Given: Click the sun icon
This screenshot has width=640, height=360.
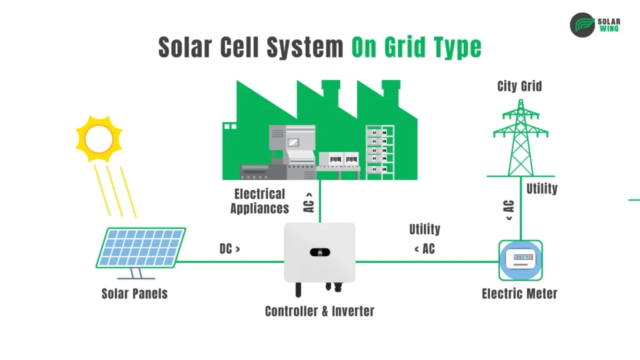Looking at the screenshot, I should (99, 139).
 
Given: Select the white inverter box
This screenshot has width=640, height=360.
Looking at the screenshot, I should (319, 252).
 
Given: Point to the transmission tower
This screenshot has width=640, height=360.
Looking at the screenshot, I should (520, 137).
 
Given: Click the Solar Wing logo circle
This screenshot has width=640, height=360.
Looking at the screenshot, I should (582, 25).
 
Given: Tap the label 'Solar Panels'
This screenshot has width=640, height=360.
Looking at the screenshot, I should (134, 293).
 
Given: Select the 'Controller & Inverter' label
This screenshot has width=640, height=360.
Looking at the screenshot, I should (319, 311).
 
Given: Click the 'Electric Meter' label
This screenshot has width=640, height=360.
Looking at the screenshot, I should (519, 293).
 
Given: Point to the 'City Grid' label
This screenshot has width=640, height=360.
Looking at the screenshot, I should (519, 86).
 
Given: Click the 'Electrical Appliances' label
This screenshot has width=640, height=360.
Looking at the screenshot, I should (259, 201).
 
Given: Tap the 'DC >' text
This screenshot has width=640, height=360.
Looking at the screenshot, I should (229, 249).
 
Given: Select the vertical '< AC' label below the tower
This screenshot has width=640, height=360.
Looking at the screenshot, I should (509, 210).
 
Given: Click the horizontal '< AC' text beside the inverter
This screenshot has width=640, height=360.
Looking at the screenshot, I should (424, 249).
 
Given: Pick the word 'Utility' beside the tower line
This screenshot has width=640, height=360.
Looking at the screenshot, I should (542, 188).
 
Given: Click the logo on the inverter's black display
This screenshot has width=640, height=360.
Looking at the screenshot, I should (319, 252).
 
